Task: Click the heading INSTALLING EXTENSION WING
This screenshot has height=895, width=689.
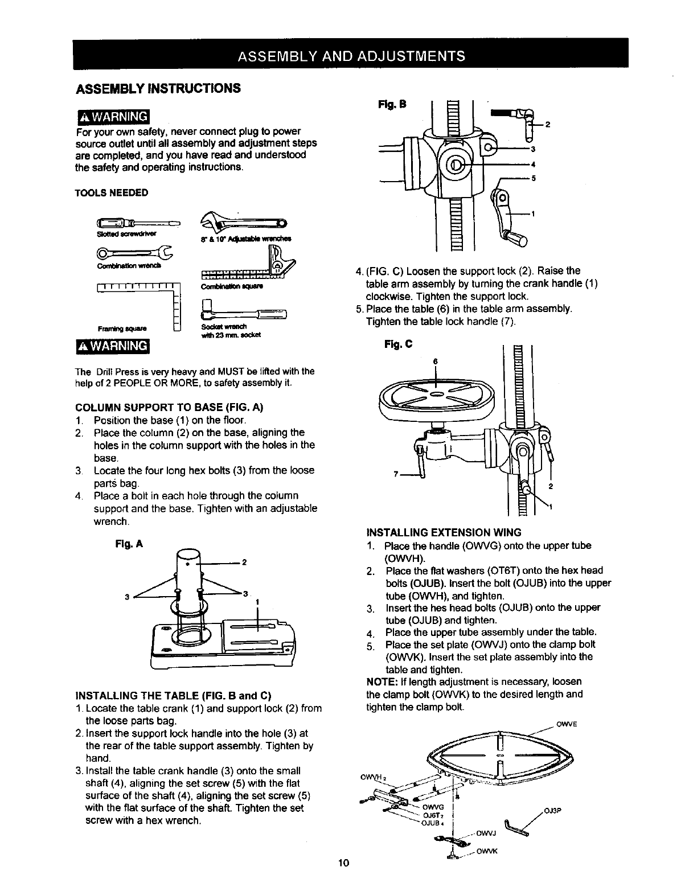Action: (x=444, y=533)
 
